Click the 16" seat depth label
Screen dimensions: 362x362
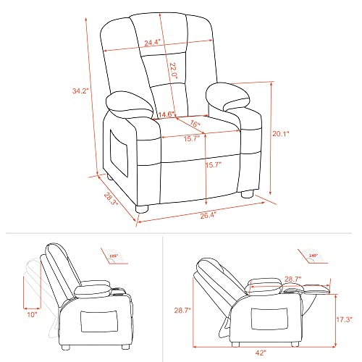tap(194, 124)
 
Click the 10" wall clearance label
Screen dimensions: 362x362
tap(30, 315)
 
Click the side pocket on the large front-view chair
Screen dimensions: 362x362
tap(119, 148)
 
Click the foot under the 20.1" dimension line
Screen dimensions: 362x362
tap(245, 194)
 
